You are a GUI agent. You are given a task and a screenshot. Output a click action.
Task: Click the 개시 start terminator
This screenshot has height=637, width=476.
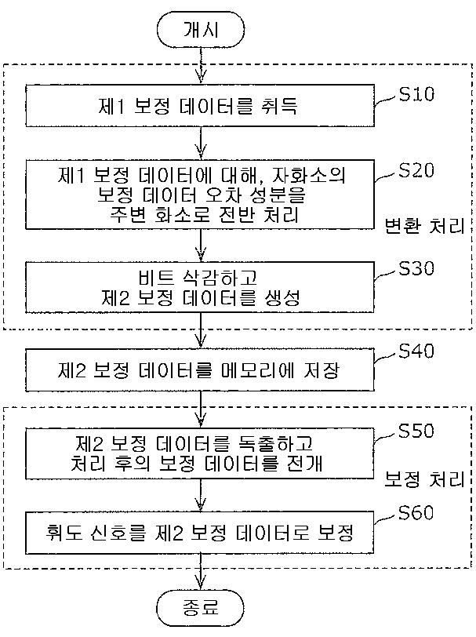(x=201, y=29)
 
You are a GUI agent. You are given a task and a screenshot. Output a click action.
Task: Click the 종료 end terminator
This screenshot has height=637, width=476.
(x=201, y=608)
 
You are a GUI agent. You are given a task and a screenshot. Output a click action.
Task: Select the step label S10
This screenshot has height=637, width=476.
(x=416, y=94)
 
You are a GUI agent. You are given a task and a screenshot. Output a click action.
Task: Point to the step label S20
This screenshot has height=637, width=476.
(x=416, y=170)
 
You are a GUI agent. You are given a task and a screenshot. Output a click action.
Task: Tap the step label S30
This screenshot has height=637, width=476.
(x=416, y=268)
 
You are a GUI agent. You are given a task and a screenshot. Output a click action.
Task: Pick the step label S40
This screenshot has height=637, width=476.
(x=416, y=351)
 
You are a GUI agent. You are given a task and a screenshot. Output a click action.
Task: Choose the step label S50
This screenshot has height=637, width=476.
(x=416, y=431)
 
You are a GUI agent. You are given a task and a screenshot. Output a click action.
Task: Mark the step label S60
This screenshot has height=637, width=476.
(x=416, y=513)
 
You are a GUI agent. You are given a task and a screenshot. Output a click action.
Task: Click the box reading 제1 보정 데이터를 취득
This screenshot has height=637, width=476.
(x=200, y=106)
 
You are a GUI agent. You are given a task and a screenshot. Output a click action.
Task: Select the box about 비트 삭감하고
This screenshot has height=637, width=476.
(x=200, y=287)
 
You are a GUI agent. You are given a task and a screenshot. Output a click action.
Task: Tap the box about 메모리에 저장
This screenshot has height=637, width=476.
(x=200, y=370)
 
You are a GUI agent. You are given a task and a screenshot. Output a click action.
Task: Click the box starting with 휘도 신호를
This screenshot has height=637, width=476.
(x=200, y=533)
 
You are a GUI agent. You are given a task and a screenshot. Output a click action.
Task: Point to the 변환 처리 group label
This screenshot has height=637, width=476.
(x=424, y=226)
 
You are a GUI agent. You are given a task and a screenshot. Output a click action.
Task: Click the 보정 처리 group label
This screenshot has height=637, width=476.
(x=424, y=480)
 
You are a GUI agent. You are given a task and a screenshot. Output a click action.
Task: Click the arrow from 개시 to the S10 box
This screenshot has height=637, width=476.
(x=201, y=66)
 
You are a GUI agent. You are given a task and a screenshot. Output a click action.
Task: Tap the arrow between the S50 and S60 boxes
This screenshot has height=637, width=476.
(x=201, y=495)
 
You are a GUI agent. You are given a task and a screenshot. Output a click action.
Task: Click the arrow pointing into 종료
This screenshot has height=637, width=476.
(x=201, y=572)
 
